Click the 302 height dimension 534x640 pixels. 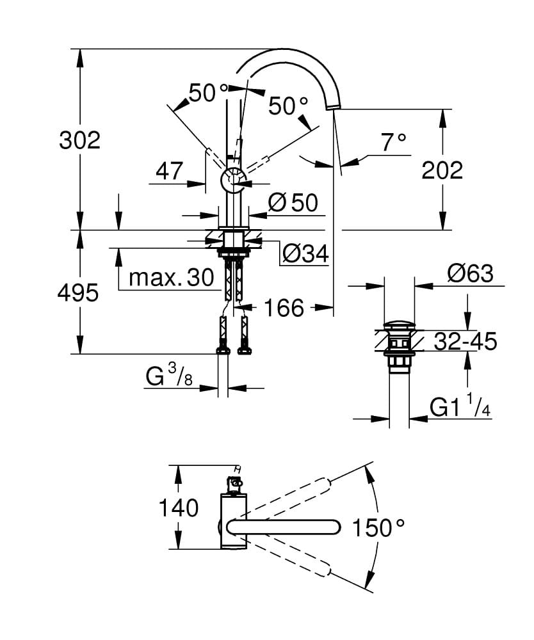click(x=80, y=140)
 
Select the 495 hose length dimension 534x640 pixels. click(x=78, y=293)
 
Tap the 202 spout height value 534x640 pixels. click(x=442, y=170)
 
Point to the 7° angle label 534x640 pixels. click(x=394, y=142)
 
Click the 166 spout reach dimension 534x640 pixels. click(x=284, y=308)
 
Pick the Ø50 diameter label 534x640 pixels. click(x=293, y=203)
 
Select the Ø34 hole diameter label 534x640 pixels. click(x=305, y=254)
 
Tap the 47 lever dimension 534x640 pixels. click(x=170, y=171)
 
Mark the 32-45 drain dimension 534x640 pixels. click(x=465, y=342)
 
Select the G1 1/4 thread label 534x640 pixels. click(x=460, y=408)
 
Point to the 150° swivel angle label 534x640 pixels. click(x=379, y=528)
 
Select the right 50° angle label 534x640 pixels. click(x=287, y=106)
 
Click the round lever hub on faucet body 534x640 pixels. click(x=232, y=181)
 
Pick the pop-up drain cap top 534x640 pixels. click(x=400, y=326)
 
